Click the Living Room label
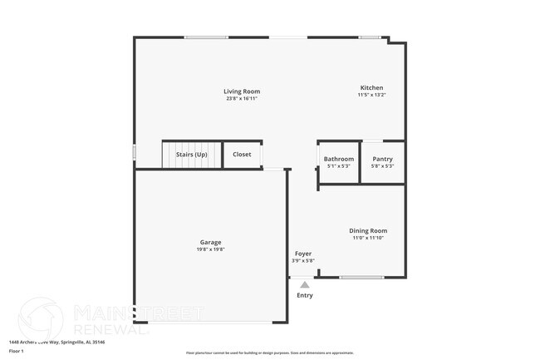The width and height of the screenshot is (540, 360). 242,91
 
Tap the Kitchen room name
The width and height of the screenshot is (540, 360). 371,87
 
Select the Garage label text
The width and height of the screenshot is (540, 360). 210,242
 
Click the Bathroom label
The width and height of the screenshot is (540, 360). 339,159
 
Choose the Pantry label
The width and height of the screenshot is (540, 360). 382,159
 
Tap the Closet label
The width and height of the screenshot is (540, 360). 242,155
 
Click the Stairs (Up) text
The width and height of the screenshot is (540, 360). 192,155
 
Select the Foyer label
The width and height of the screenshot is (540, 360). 303,254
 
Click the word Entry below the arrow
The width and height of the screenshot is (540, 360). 305,295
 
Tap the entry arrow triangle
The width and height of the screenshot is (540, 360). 305,284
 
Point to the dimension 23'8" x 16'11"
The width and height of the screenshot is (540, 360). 242,98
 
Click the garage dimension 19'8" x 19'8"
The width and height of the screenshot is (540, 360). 210,249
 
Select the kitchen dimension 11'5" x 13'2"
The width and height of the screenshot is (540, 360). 371,95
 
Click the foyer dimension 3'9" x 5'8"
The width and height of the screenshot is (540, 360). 303,261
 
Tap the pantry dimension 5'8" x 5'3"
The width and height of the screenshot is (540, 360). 382,166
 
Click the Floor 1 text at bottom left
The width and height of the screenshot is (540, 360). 17,351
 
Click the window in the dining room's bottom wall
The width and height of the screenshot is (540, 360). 362,277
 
